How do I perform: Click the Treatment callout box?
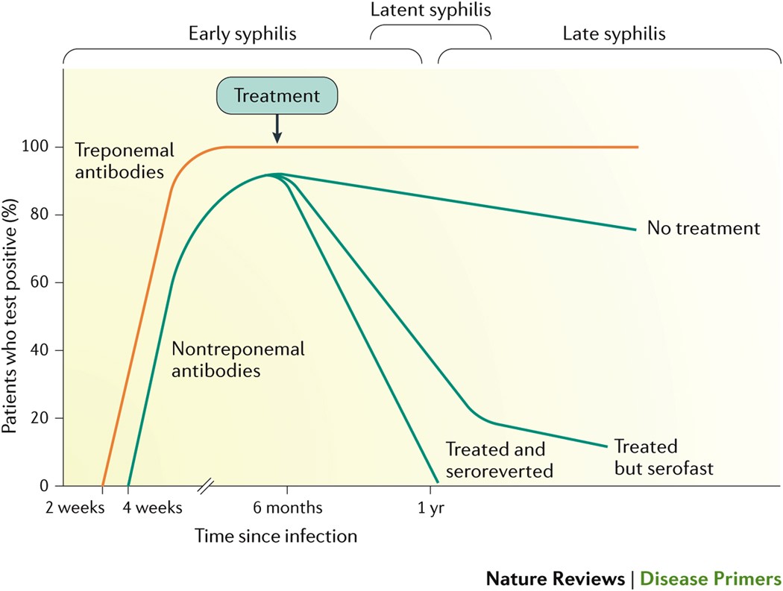277,96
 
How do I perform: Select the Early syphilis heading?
242,34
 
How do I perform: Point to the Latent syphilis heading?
431,10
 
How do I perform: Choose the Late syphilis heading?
614,34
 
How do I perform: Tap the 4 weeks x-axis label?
154,508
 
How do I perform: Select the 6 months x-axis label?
287,508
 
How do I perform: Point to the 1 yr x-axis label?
430,508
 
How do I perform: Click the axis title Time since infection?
276,536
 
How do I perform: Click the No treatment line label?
703,228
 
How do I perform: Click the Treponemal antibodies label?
124,160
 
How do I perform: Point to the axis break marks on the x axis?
206,487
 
